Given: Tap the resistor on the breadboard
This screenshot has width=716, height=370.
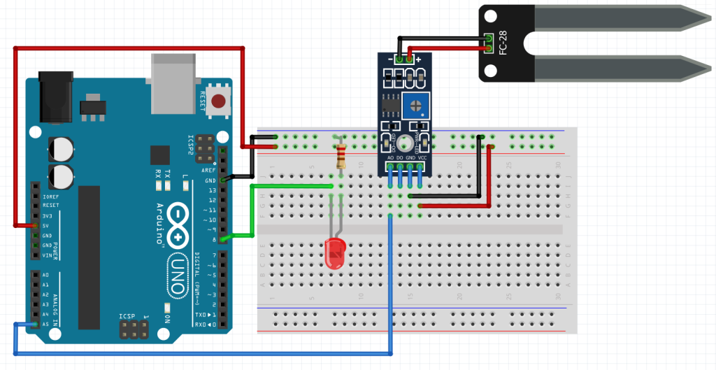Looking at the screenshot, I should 341,156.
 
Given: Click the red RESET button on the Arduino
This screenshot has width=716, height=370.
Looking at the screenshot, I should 221,101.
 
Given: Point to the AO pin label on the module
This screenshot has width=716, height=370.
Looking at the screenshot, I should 390,158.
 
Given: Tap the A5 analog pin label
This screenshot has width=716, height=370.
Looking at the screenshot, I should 45,325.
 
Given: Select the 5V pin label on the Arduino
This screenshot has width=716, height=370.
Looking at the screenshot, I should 45,226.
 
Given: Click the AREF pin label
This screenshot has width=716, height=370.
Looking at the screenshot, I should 208,170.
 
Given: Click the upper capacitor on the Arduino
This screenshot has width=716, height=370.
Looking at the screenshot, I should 62,148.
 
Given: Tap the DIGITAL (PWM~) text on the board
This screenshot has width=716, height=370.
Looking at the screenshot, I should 199,280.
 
